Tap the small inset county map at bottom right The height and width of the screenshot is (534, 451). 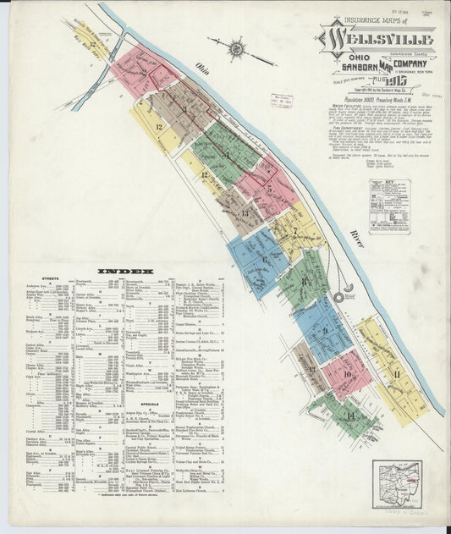(x=396, y=485)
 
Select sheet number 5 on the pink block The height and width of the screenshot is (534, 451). (x=268, y=190)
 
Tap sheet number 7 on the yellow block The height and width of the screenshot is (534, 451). (x=294, y=230)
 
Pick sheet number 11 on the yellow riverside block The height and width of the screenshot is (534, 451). (x=395, y=373)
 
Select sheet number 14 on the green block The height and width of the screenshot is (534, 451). (x=349, y=416)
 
